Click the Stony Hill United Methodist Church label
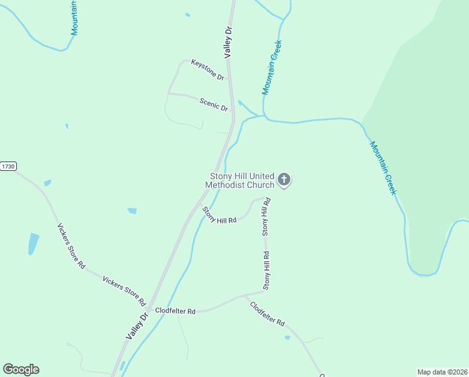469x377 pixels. tap(241, 181)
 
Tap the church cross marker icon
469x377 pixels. tap(284, 180)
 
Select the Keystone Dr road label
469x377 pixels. tap(208, 69)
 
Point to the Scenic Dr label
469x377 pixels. tap(214, 104)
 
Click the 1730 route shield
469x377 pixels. tap(8, 167)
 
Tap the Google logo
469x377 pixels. tap(21, 369)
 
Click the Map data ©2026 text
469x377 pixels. tap(443, 371)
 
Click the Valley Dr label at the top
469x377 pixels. tap(229, 42)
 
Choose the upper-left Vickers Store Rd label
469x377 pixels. tap(71, 246)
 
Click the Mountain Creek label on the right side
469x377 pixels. tap(382, 168)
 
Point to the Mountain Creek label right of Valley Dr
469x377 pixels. tap(272, 68)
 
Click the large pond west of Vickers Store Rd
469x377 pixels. tap(33, 243)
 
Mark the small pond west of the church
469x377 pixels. tap(132, 210)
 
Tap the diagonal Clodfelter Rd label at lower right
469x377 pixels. tap(267, 314)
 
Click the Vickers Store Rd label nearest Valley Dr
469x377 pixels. tap(124, 290)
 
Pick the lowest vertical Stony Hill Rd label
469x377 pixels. tap(266, 270)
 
